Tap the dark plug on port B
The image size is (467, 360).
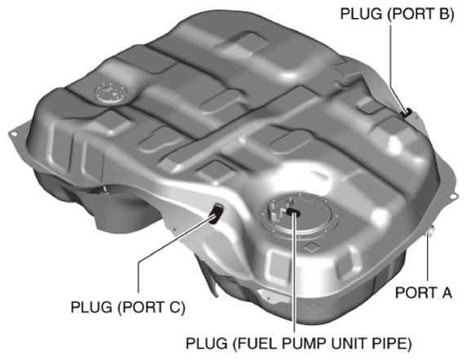pyautogui.click(x=405, y=112)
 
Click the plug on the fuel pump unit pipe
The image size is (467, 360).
pyautogui.click(x=292, y=213)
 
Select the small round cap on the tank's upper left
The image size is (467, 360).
pyautogui.click(x=108, y=91)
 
